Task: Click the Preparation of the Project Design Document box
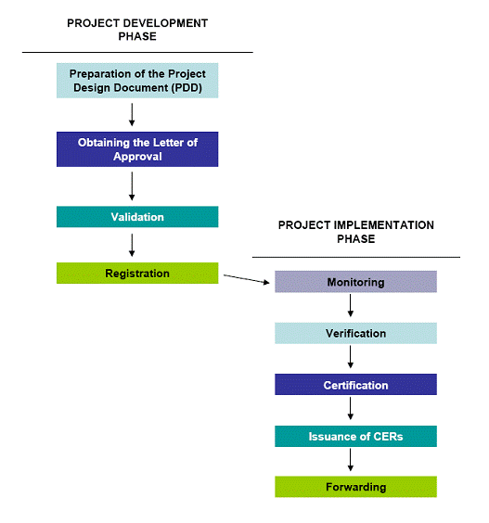pos(137,81)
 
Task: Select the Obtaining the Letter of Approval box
pos(137,149)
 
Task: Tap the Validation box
pos(137,217)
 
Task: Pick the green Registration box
pos(137,274)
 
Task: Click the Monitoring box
pos(355,282)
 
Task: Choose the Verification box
pos(355,333)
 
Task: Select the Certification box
pos(355,385)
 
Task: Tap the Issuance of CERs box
pos(355,436)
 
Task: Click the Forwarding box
pos(355,487)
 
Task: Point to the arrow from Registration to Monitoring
pos(246,279)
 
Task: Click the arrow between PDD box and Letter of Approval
pos(132,115)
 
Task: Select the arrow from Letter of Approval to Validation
pos(132,186)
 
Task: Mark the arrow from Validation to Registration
pos(132,245)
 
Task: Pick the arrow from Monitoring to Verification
pos(351,305)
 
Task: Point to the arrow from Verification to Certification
pos(351,357)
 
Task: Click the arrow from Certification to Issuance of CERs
pos(351,408)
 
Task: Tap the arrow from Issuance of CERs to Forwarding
pos(351,460)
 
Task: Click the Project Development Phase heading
pos(137,30)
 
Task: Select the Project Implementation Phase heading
pos(355,232)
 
